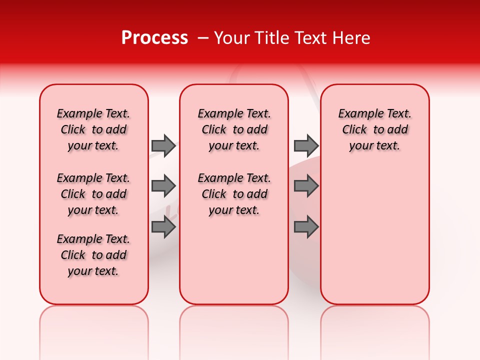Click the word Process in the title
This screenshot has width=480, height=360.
[154, 38]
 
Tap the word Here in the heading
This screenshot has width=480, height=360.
[350, 38]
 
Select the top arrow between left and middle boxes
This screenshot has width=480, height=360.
[163, 145]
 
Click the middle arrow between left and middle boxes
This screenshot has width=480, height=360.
[163, 186]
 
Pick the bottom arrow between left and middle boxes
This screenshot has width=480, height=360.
[163, 227]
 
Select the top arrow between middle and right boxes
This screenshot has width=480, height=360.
[306, 145]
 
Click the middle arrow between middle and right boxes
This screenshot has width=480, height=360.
[306, 186]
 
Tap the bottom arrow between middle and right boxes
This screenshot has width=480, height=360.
[306, 227]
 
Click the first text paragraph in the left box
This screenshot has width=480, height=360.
[93, 129]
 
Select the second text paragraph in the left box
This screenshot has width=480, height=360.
[93, 194]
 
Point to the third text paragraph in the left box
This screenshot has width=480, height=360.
[93, 255]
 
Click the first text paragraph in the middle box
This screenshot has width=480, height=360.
[234, 129]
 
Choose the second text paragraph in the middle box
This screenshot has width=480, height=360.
[234, 194]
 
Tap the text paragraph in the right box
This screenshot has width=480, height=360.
[375, 129]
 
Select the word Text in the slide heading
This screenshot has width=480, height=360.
[308, 38]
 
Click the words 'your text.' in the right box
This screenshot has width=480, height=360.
[375, 146]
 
